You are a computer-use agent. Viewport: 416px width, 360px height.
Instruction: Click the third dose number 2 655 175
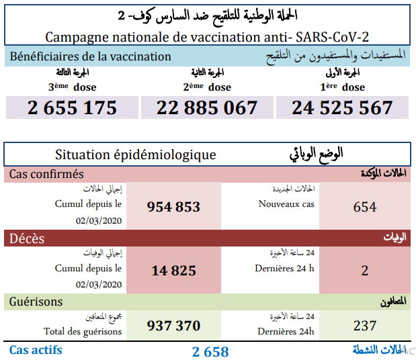tap(73, 107)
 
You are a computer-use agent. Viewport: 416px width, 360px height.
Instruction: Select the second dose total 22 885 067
tap(208, 107)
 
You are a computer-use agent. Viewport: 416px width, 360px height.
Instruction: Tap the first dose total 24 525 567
tap(342, 107)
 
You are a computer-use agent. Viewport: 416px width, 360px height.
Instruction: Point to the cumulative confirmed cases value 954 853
tap(173, 207)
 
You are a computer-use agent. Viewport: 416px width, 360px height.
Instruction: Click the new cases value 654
tap(365, 207)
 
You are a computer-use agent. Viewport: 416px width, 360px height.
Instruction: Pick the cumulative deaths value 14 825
tap(173, 271)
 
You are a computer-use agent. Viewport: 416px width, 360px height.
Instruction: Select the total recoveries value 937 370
tap(173, 326)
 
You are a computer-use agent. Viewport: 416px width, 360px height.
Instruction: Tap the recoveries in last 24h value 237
tap(365, 326)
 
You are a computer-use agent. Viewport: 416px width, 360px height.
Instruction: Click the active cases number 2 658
tap(210, 351)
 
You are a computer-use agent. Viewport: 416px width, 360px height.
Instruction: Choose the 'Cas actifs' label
tap(36, 350)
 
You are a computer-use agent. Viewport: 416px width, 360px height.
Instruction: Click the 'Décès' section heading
tap(28, 238)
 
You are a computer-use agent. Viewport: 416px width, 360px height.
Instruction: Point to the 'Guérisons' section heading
tap(36, 302)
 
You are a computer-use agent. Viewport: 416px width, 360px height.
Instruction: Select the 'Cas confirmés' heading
tap(46, 174)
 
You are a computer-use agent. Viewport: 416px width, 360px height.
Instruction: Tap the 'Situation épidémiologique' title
tap(136, 154)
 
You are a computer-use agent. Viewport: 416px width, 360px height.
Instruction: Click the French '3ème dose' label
tap(72, 87)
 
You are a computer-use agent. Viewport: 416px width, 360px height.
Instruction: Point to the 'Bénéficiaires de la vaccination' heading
tap(90, 57)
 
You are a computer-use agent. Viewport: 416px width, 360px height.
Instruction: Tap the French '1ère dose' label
tap(342, 87)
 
